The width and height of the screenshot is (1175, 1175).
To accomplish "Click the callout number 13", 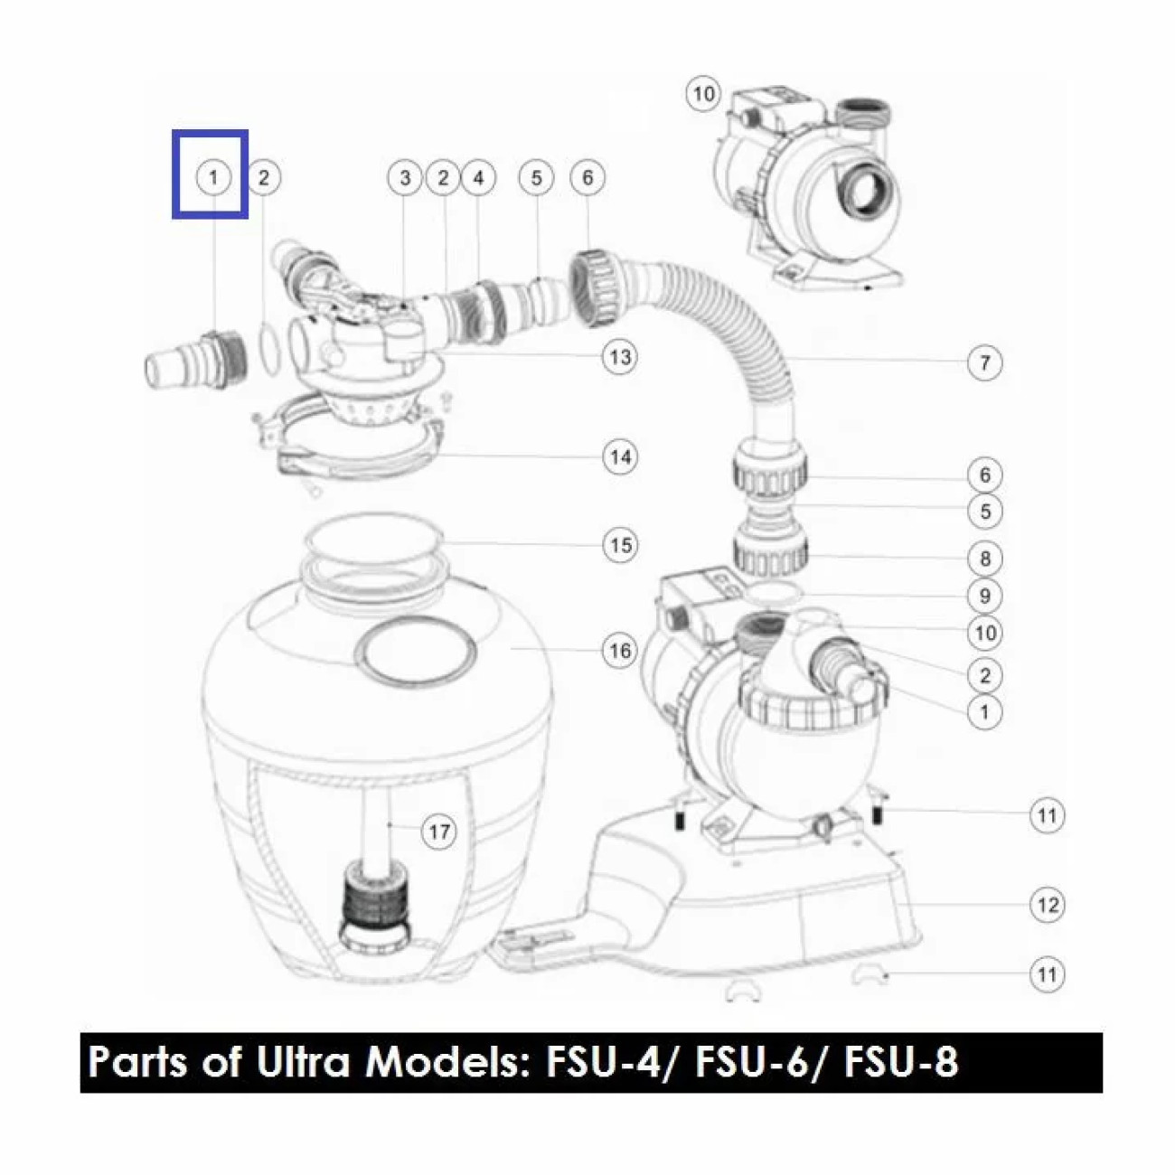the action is click(x=620, y=357).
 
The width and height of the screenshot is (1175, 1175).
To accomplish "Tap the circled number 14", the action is click(x=620, y=456).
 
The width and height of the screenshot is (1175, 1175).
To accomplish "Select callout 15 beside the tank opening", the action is click(x=620, y=544).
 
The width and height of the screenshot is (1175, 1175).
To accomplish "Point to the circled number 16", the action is click(x=620, y=651).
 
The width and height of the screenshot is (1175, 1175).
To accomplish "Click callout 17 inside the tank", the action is click(x=439, y=832).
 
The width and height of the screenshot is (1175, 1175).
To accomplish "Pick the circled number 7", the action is click(x=985, y=362).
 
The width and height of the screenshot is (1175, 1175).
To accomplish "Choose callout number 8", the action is click(x=985, y=558).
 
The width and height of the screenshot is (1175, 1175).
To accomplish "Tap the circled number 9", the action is click(x=985, y=596).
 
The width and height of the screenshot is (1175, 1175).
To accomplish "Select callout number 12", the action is click(x=1047, y=904).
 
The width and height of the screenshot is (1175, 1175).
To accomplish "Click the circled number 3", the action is click(x=406, y=178).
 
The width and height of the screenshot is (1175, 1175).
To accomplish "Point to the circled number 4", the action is click(x=479, y=178).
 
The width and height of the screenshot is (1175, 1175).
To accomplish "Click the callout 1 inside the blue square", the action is click(x=213, y=178).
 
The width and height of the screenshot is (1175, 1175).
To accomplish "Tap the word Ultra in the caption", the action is click(x=303, y=1063).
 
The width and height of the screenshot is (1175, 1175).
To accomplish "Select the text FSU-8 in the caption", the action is click(x=901, y=1063).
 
